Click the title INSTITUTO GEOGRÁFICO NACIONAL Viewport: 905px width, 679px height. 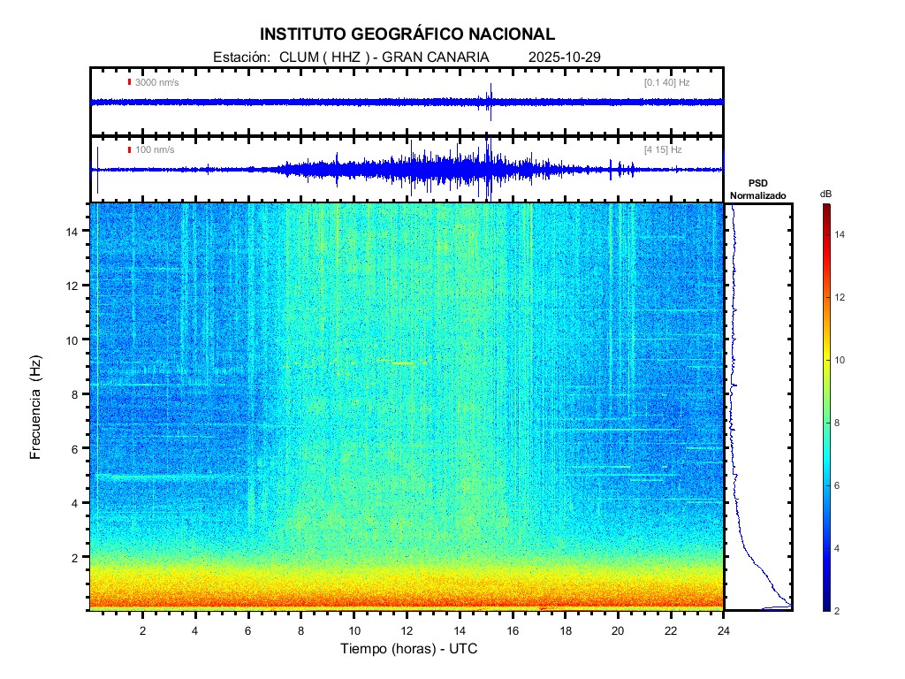tap(407, 34)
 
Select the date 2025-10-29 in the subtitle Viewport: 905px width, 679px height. tap(564, 57)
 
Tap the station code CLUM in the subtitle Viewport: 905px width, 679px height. tap(297, 57)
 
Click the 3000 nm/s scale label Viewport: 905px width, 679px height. tap(157, 82)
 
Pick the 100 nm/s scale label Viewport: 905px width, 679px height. tap(155, 149)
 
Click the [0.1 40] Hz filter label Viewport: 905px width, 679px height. tap(666, 82)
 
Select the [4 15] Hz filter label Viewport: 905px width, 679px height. tap(663, 149)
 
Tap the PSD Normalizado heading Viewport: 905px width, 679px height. tap(757, 189)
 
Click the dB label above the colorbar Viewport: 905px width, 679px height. tap(825, 193)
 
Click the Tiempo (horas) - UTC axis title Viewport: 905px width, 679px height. tap(409, 649)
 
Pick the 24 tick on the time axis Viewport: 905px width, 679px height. tap(724, 629)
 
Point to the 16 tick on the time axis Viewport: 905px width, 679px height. tap(513, 629)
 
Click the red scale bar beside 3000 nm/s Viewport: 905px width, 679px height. tap(129, 82)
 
